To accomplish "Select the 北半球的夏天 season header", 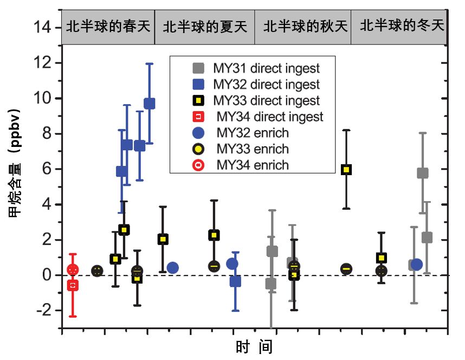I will tap(205, 26).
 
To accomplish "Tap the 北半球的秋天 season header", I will tap(303, 26).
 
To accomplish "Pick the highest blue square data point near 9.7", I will tap(149, 104).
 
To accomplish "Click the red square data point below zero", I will tap(73, 285).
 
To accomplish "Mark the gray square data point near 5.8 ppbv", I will tap(422, 173).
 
